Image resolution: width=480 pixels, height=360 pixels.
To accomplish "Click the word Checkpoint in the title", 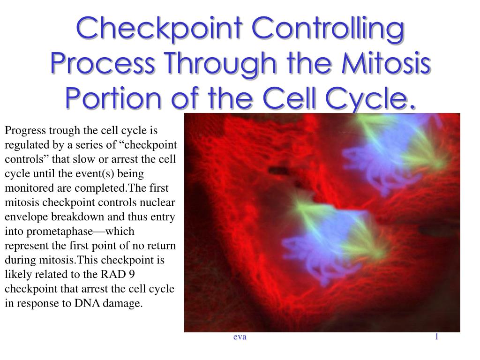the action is coord(159,29).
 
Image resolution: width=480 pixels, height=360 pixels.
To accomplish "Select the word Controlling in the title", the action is coord(328,29).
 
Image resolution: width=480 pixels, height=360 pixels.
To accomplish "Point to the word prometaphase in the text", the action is coord(60,232).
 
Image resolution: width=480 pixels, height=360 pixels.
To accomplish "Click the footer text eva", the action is coord(240,337).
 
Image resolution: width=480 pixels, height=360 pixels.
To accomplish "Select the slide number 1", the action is coord(437,337).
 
